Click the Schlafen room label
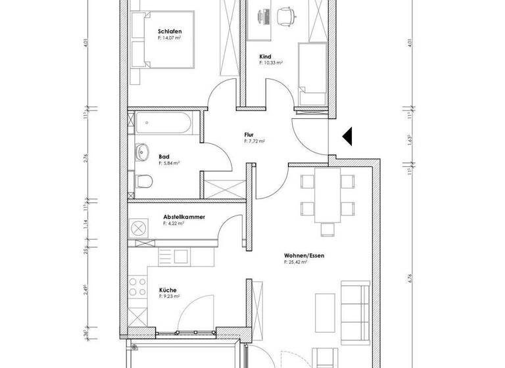click(170, 32)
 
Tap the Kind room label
click(266, 57)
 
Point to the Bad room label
click(164, 156)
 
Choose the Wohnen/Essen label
click(304, 255)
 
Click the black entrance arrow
click(348, 137)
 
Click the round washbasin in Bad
click(141, 154)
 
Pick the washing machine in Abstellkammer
click(139, 228)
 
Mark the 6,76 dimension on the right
click(410, 277)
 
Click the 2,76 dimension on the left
click(85, 158)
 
